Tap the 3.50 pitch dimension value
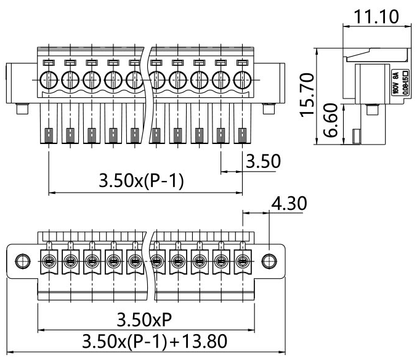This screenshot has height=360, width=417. [x=263, y=162]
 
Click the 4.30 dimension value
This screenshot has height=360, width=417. [x=289, y=203]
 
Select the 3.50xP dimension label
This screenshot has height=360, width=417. [x=145, y=319]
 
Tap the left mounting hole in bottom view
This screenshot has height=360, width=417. [x=22, y=261]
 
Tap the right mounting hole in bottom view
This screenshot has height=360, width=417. [x=269, y=261]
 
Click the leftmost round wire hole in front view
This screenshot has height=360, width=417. [x=49, y=80]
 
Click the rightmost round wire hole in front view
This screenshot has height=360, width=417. [x=243, y=80]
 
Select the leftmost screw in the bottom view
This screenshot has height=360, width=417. [x=49, y=262]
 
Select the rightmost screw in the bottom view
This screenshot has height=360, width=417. [x=243, y=262]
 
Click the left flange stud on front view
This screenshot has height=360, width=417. [x=22, y=110]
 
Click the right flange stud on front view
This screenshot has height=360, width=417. [x=269, y=110]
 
